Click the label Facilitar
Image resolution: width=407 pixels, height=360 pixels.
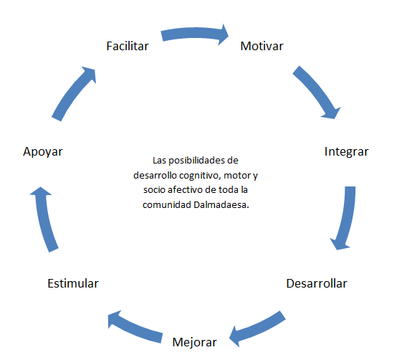[128, 46]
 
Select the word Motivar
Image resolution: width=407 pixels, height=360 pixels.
[262, 46]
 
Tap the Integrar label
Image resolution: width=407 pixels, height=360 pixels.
[346, 152]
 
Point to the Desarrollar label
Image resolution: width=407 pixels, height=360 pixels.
[317, 283]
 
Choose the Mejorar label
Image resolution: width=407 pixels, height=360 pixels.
[194, 343]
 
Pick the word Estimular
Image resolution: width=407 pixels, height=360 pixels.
[73, 283]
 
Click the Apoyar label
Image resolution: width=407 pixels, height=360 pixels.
[43, 152]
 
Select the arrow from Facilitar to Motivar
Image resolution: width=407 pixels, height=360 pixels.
[193, 33]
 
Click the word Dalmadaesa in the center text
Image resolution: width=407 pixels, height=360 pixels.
[221, 205]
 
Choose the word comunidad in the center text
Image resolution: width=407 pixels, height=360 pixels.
[167, 205]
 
